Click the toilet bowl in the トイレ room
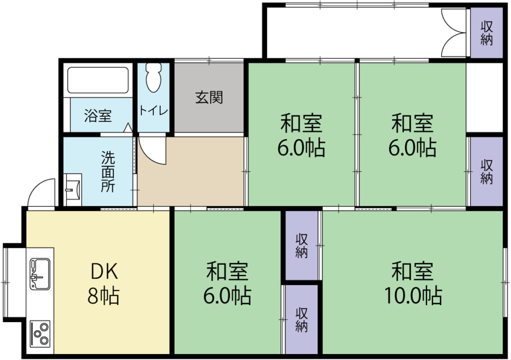[x=154, y=77]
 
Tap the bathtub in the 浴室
[x=98, y=80]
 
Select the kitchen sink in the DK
[x=40, y=274]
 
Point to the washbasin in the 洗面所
[x=73, y=189]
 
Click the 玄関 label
[x=209, y=97]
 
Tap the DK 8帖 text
[x=104, y=284]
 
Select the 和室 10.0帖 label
[x=413, y=284]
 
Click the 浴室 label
[x=98, y=116]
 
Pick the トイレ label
[x=154, y=110]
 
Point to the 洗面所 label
[x=108, y=172]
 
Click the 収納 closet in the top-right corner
[x=487, y=32]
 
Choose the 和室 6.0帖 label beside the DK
[x=227, y=284]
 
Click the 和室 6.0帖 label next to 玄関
[x=301, y=136]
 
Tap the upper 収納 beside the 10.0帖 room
[x=301, y=246]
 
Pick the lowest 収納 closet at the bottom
[x=301, y=319]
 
